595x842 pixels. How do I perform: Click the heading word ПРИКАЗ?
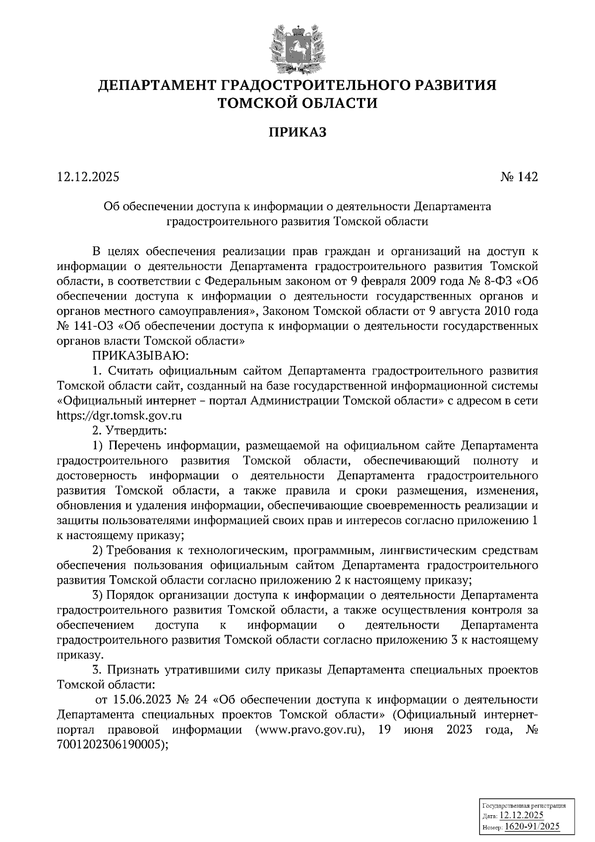point(297,132)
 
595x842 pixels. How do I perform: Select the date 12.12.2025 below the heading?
point(88,177)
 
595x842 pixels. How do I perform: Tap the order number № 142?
point(519,177)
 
